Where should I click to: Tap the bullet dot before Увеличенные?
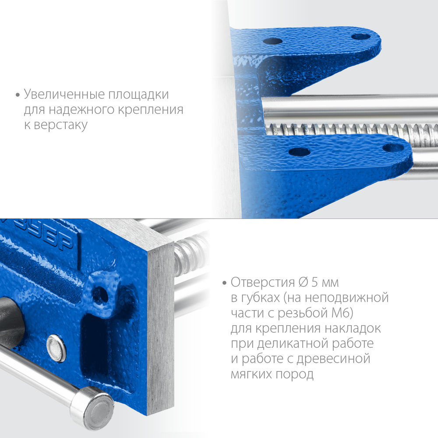click(18, 95)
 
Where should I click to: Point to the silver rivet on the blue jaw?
click(56, 348)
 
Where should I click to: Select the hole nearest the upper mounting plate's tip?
click(361, 36)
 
